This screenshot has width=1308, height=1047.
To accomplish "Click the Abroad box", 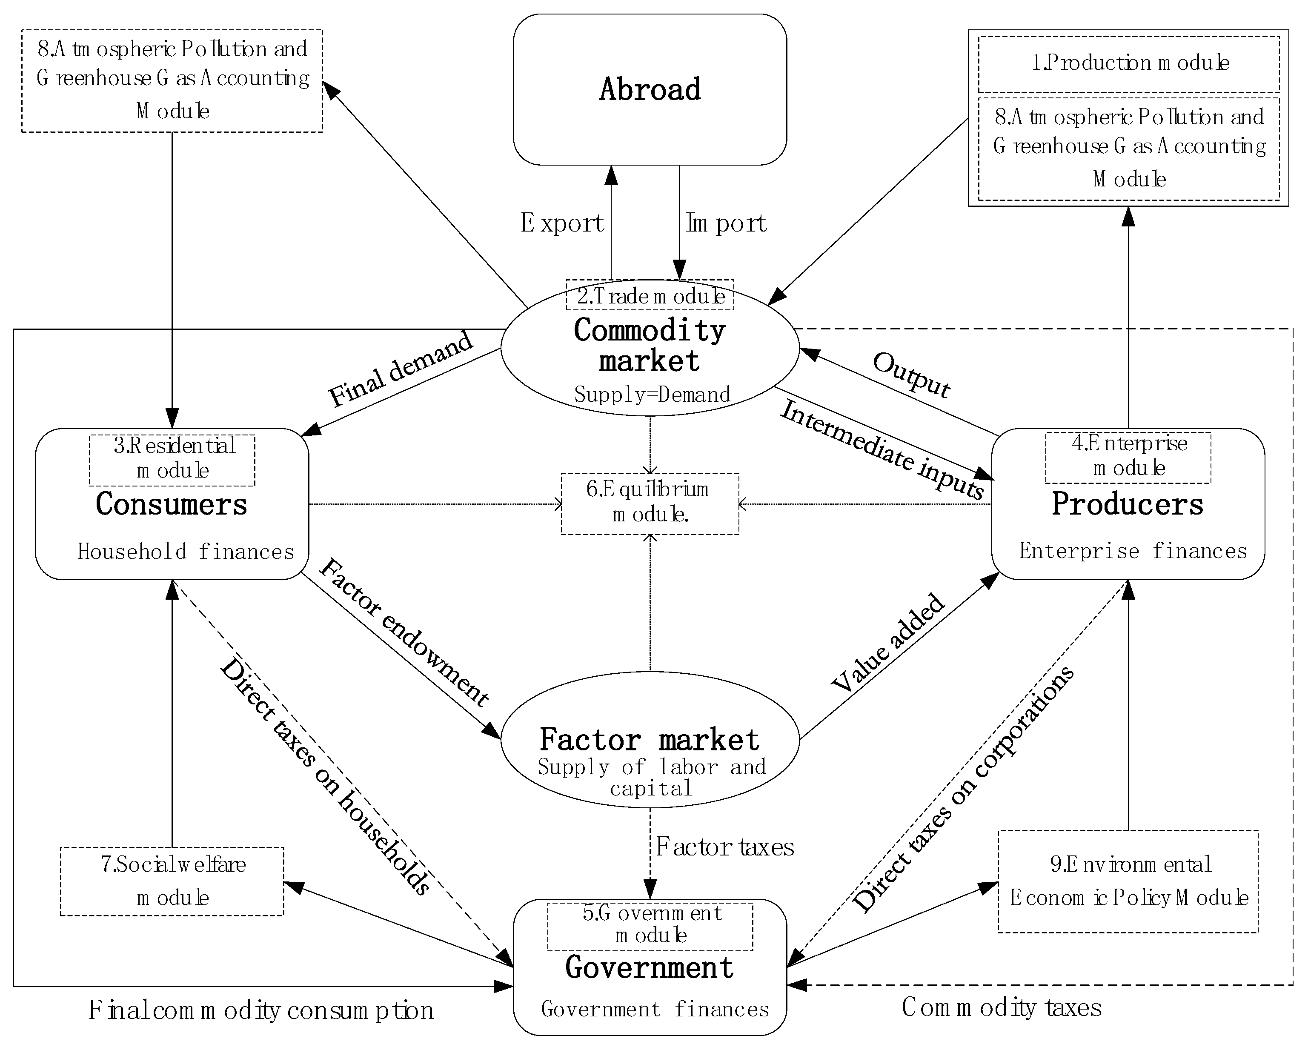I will tap(650, 89).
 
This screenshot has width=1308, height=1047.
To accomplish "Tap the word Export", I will tap(562, 223).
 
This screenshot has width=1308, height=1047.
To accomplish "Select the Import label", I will tap(726, 223).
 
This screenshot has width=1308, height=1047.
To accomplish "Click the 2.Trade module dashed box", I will tap(650, 295).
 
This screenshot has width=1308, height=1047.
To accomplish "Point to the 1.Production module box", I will tap(1128, 63).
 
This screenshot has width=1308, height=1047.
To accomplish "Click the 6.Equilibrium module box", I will tap(650, 503).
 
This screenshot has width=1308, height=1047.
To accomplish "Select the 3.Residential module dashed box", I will tap(172, 459).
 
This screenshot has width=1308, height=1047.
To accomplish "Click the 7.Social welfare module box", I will tap(172, 881).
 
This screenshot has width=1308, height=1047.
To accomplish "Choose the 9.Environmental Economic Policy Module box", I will tap(1128, 881).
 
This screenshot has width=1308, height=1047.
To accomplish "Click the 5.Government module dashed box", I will tap(650, 926).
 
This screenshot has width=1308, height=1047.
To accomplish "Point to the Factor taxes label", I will tap(724, 847).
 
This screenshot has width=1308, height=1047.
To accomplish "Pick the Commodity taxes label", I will tap(1001, 1007).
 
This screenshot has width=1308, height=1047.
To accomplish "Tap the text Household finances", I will tap(186, 552).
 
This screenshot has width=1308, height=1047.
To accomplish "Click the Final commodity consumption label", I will tap(261, 1010).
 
